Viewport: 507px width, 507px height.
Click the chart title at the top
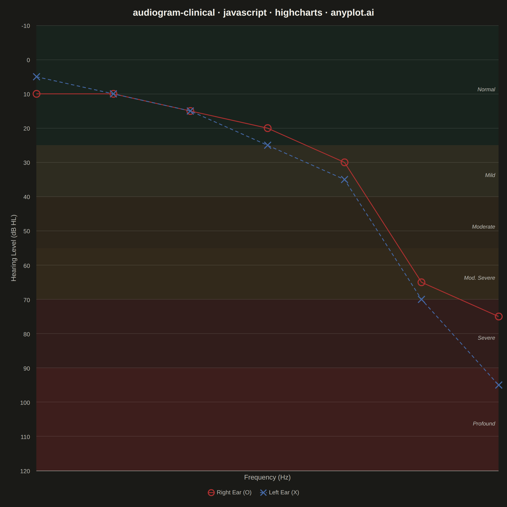pos(253,13)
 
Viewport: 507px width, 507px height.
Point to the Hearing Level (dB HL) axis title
pos(14,248)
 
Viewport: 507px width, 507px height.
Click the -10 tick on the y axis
pos(26,26)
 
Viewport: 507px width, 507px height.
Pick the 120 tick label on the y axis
pos(25,471)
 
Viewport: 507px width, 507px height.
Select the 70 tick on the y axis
pos(27,300)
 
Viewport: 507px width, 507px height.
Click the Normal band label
pos(486,90)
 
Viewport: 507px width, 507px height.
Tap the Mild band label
pos(490,175)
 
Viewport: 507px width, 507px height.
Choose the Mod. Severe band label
pos(480,278)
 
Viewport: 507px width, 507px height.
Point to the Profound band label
pos(484,424)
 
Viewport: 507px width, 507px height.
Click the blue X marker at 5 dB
pos(37,77)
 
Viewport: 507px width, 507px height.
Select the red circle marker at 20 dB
pos(267,128)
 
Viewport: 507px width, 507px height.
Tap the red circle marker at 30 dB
pos(345,162)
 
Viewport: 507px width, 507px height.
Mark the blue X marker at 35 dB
pos(345,180)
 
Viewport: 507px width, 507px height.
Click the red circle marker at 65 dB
pos(421,282)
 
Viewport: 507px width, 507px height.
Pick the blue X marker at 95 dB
pos(499,385)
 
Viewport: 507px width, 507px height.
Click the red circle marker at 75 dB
pos(499,316)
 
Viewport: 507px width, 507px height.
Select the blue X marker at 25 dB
pos(267,145)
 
